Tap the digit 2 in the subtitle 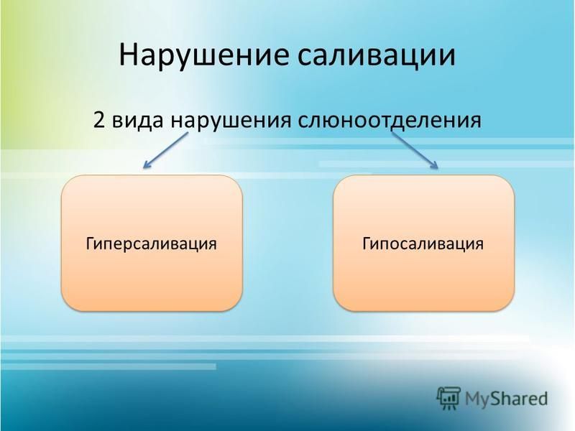(x=99, y=120)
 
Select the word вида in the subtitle (x=137, y=120)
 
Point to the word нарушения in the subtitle (x=231, y=121)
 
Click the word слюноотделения (x=390, y=121)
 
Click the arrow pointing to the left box (x=165, y=151)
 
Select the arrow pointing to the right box (x=415, y=150)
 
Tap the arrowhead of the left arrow (x=147, y=165)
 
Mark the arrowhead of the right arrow (x=435, y=165)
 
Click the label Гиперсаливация (x=151, y=244)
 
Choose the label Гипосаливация (x=423, y=244)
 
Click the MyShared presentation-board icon (x=448, y=399)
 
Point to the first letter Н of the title (x=128, y=56)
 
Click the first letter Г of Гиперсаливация (x=91, y=244)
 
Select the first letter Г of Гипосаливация (x=367, y=244)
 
